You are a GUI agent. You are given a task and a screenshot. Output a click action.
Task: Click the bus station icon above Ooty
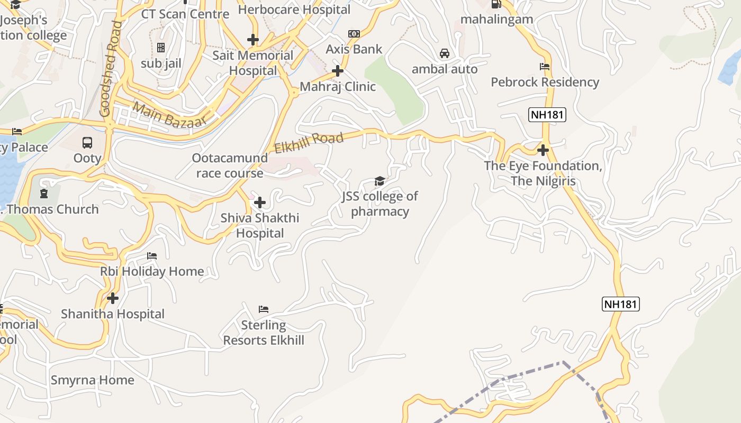[87, 142]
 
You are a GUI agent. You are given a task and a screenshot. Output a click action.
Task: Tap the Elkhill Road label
[309, 143]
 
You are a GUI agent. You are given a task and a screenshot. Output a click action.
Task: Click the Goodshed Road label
[111, 69]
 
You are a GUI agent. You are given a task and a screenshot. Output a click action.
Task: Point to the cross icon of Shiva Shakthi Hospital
[259, 203]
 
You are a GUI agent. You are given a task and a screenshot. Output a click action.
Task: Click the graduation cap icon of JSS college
[379, 181]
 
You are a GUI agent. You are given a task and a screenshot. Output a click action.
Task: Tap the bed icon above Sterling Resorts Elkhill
[264, 309]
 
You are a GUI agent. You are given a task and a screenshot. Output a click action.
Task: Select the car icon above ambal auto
[445, 53]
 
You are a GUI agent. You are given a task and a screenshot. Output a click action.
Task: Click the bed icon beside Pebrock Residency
[545, 67]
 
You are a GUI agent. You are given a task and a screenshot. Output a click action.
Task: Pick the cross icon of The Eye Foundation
[543, 150]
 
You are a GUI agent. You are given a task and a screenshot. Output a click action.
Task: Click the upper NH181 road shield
[547, 114]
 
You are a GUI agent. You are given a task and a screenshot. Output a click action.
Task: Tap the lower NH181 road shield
[621, 304]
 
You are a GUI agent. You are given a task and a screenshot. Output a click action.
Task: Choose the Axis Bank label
[354, 49]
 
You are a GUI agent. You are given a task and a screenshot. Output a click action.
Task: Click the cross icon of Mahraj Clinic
[337, 71]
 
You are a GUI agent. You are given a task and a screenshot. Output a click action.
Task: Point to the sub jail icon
[161, 48]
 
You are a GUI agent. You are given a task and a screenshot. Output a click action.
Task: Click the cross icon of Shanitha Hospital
[113, 298]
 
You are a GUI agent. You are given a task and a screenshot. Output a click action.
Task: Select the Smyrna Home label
[92, 380]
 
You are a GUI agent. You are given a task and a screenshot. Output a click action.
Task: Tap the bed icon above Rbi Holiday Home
[152, 256]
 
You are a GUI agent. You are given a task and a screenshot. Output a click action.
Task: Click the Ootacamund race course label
[230, 165]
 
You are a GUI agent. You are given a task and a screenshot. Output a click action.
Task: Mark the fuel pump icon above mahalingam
[496, 4]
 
